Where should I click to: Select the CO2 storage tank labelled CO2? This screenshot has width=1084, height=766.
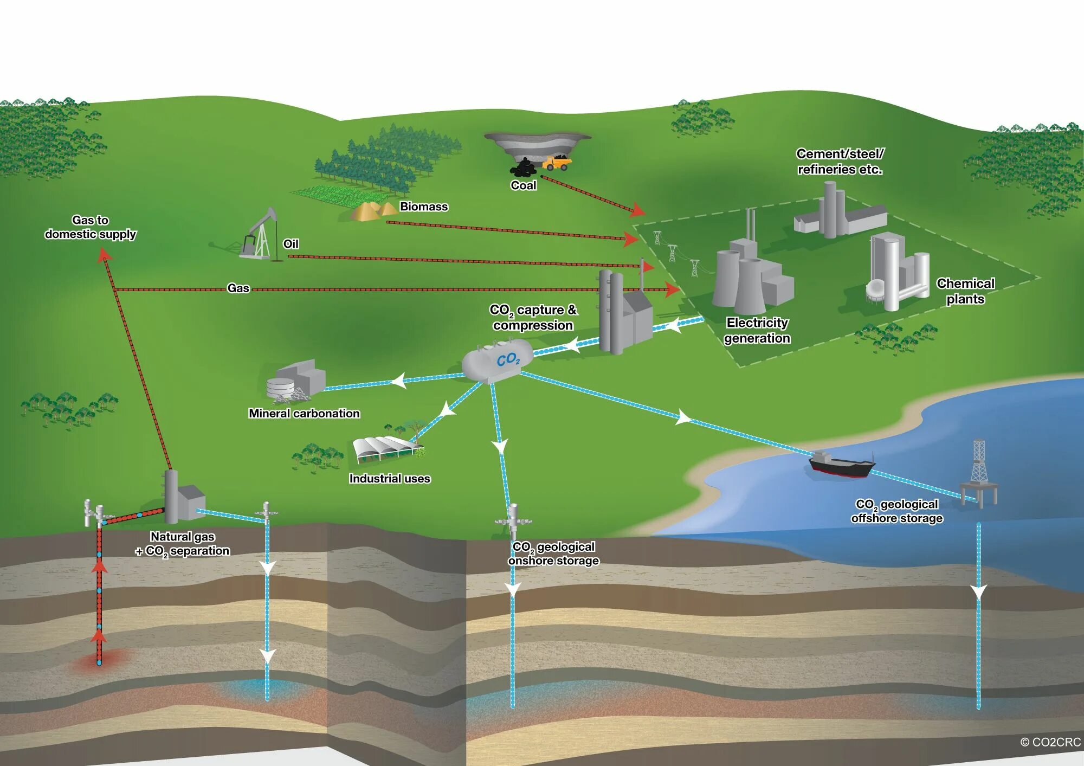(x=498, y=360)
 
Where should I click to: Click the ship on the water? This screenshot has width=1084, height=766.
(x=841, y=465)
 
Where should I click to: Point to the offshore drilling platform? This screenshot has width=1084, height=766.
(x=979, y=472)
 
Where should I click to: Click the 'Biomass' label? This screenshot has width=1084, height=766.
(x=423, y=207)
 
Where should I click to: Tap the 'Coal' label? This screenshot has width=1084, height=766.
(x=523, y=185)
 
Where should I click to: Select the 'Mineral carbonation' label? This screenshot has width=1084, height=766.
(x=304, y=413)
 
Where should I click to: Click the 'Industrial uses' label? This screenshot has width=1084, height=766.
(x=389, y=479)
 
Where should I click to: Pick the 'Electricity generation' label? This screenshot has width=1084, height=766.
(x=757, y=330)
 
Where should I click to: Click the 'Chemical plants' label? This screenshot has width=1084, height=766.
(x=965, y=291)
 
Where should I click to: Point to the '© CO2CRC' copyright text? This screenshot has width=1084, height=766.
(x=1050, y=742)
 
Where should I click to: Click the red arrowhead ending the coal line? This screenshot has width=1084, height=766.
(x=637, y=210)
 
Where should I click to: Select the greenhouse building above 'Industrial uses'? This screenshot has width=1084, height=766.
(x=385, y=449)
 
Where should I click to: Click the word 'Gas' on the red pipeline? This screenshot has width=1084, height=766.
(x=238, y=288)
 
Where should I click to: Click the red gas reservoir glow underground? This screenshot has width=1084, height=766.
(x=99, y=661)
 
